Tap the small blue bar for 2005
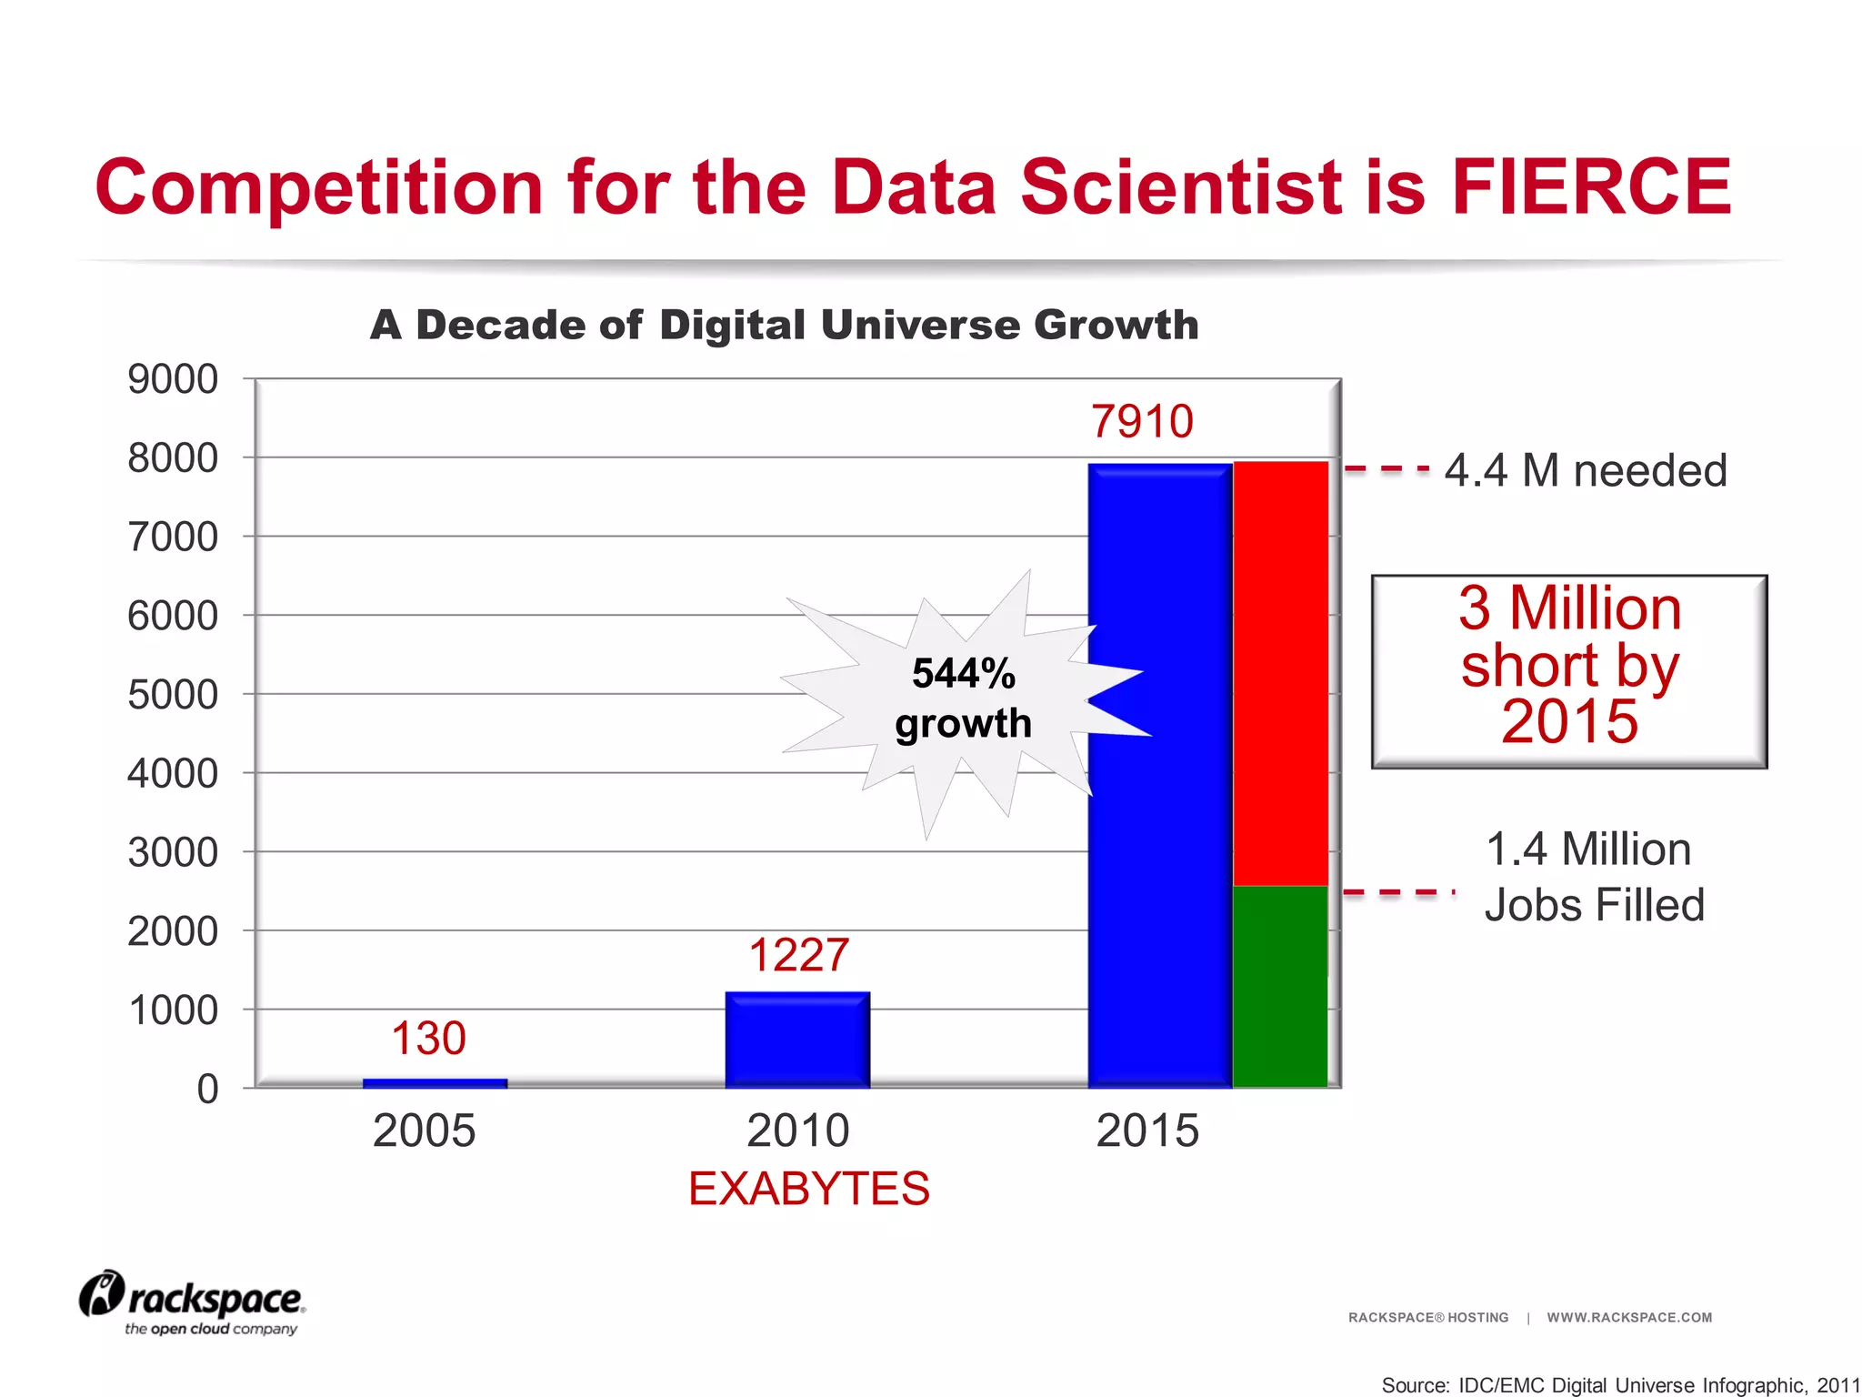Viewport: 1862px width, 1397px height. [435, 1083]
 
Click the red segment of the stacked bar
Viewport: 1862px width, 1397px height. [1280, 673]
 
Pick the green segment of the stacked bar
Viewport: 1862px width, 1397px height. [1280, 986]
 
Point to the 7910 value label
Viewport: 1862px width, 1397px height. [1141, 421]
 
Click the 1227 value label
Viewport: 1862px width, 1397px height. [798, 955]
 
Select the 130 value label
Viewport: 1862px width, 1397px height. [428, 1038]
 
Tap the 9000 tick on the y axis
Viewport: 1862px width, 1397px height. [173, 379]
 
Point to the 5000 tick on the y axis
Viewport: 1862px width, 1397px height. [173, 695]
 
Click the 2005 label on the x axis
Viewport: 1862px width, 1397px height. [424, 1131]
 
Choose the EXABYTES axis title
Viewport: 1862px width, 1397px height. [808, 1188]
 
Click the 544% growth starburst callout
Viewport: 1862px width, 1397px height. [963, 698]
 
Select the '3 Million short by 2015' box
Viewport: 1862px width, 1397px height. [1569, 671]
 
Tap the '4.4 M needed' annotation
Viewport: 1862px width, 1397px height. [1585, 470]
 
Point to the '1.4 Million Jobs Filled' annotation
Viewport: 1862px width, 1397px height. [1593, 877]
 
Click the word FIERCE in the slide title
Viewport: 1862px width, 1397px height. [1591, 186]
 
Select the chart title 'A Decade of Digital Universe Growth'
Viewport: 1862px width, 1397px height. [784, 325]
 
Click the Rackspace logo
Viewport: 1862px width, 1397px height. [193, 1302]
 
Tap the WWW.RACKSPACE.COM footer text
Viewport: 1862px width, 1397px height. [1629, 1317]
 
